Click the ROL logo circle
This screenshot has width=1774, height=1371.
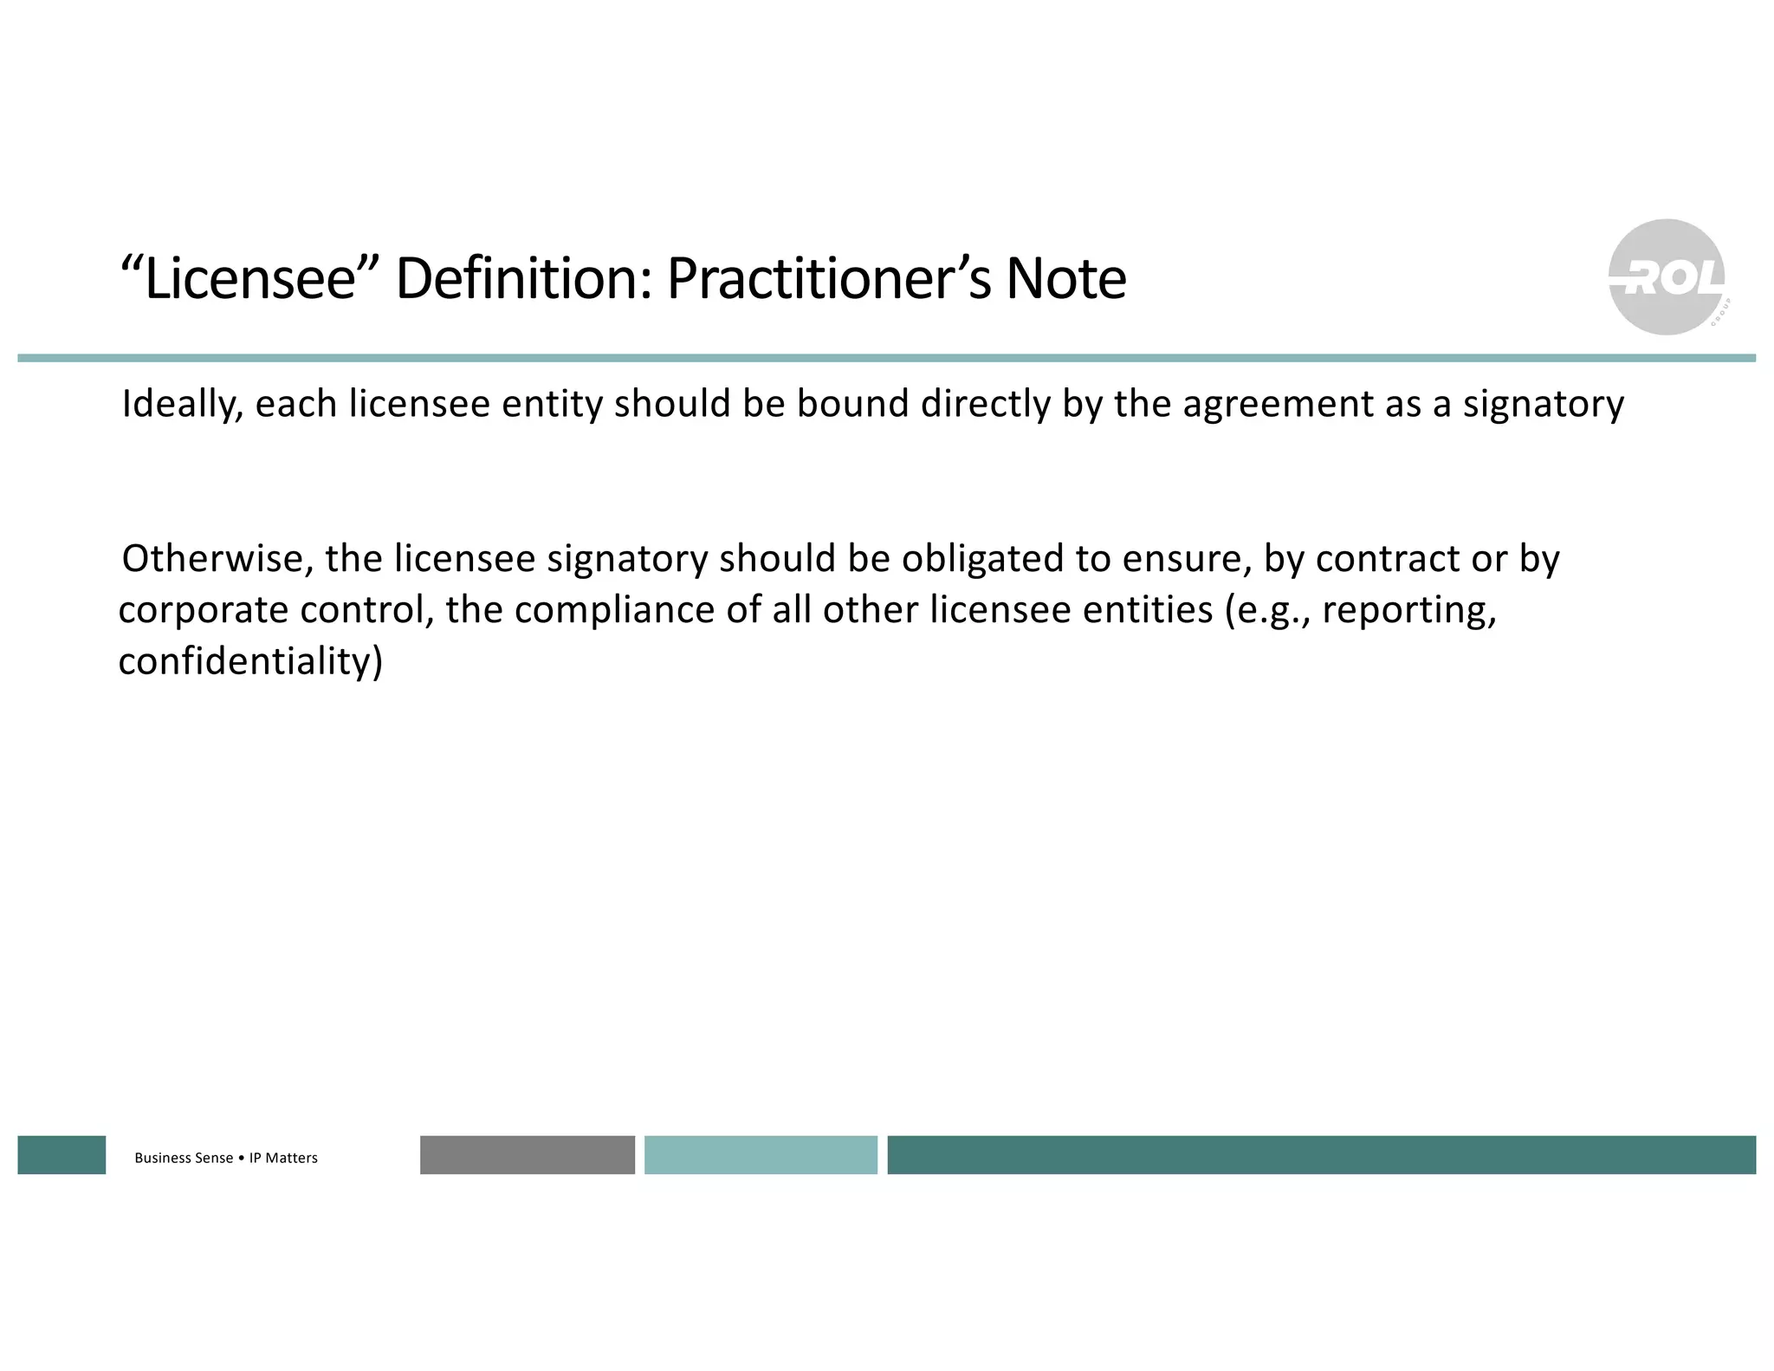point(1666,277)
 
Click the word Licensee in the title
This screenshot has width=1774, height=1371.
point(250,279)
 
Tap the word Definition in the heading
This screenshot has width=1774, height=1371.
point(522,279)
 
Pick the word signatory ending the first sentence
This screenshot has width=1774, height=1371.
point(1543,405)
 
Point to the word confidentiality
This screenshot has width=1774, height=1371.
point(249,661)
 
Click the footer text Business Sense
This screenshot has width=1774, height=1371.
point(184,1158)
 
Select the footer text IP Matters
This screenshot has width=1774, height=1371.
point(283,1158)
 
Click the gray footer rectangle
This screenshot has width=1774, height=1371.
point(527,1154)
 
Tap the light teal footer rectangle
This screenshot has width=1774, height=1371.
point(761,1154)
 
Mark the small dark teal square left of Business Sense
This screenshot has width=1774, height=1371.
point(62,1154)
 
